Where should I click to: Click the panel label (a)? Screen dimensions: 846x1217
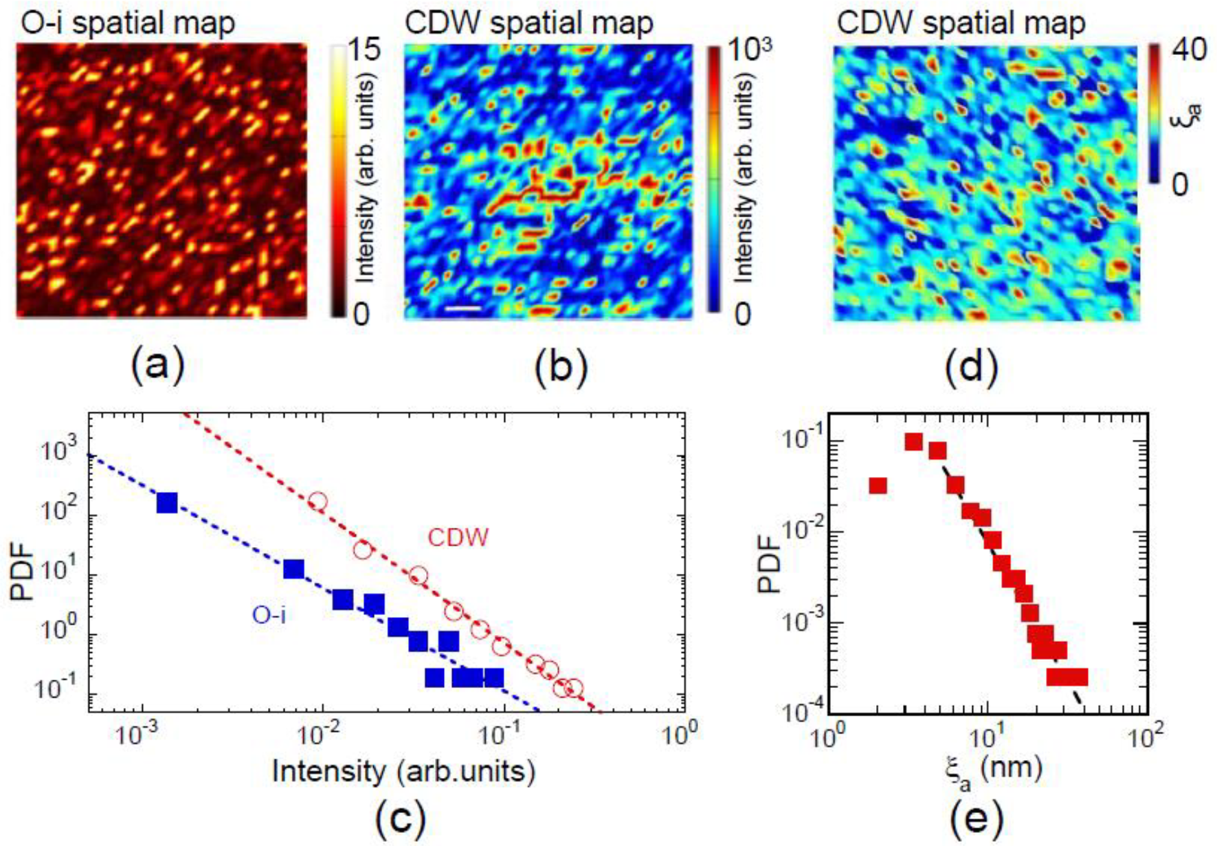(158, 365)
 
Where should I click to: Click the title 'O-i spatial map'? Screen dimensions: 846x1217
(128, 23)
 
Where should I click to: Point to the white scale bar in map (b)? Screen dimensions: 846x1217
(462, 309)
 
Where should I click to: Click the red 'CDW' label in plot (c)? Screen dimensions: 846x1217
(458, 537)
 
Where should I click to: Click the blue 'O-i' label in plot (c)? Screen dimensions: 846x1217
(269, 614)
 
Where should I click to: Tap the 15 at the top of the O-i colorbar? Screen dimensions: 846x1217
(364, 50)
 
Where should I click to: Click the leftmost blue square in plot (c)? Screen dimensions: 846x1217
(167, 503)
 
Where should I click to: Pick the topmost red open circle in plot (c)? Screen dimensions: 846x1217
(317, 501)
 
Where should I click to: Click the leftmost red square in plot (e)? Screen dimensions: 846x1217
(878, 486)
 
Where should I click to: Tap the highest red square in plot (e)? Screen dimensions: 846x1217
(913, 441)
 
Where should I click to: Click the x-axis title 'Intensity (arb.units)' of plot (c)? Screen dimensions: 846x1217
(403, 771)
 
